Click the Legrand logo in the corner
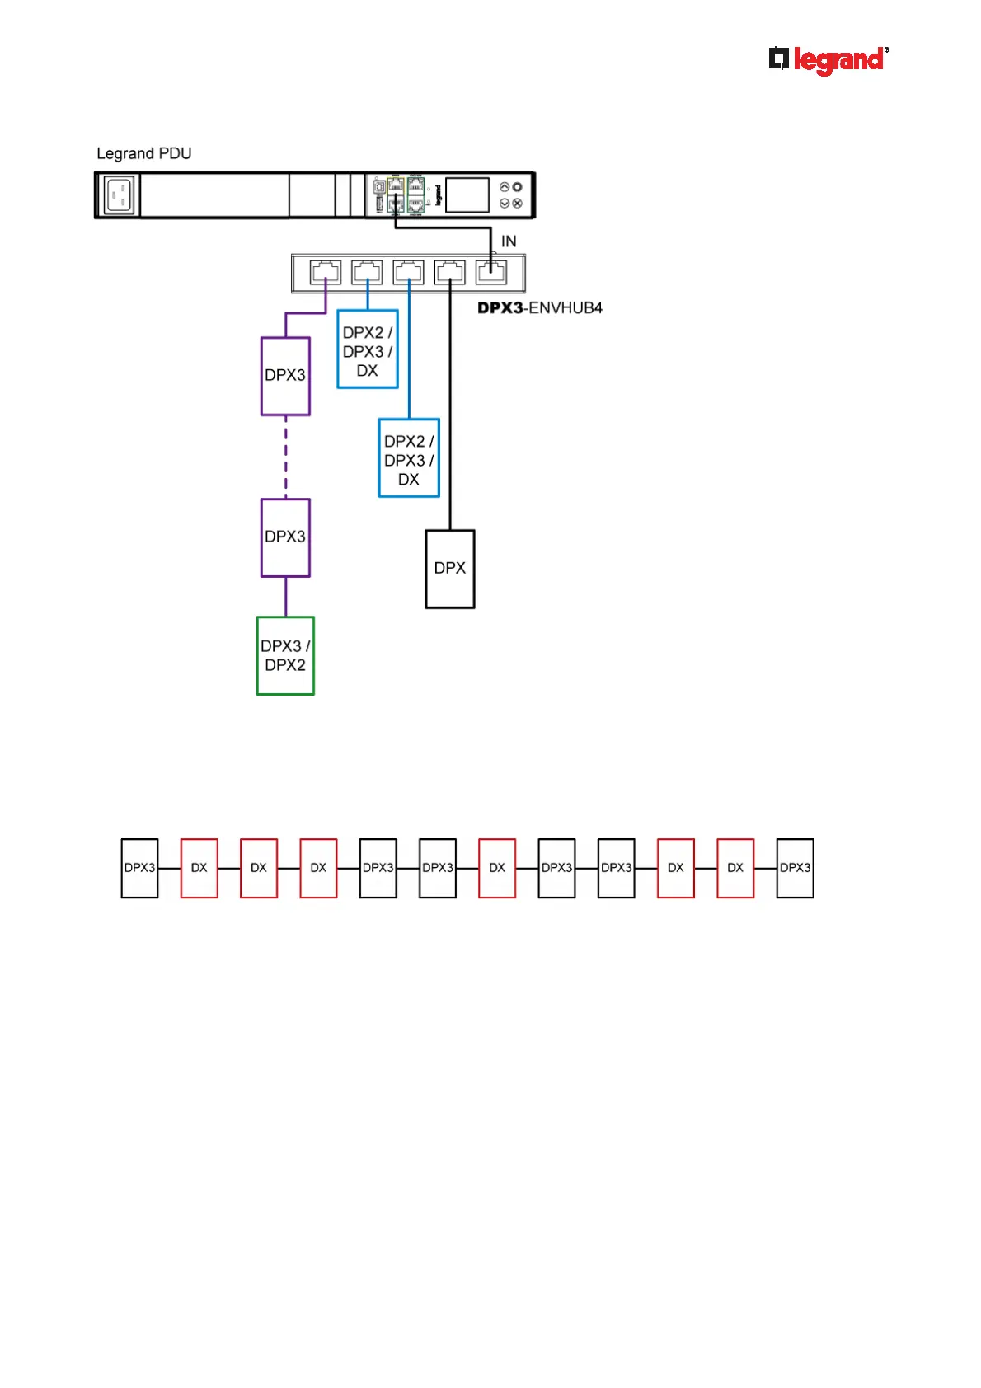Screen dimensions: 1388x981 pos(828,60)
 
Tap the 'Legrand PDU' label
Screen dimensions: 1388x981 pos(144,153)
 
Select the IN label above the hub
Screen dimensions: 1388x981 pos(509,241)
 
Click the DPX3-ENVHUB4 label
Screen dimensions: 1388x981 pos(540,308)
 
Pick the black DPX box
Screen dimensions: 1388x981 pos(450,569)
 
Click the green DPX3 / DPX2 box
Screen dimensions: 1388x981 pos(285,656)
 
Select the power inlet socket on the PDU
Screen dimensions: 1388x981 pos(119,195)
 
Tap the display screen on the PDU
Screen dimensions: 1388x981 pos(467,195)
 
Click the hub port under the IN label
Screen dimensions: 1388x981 pos(491,272)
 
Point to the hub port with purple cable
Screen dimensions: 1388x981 pos(326,272)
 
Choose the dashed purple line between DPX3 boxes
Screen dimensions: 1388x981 pos(286,457)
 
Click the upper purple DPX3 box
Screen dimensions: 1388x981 pos(285,376)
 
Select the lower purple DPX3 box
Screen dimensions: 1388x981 pos(285,537)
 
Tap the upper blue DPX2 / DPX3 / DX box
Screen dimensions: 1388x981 pos(368,349)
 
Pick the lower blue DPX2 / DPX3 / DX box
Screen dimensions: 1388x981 pos(409,458)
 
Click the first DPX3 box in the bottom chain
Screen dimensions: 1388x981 pos(139,868)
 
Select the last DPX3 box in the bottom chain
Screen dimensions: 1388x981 pos(795,868)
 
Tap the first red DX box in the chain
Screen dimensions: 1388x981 pos(199,868)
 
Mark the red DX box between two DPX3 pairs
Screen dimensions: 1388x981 pos(497,868)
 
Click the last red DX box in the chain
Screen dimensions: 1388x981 pos(735,868)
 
